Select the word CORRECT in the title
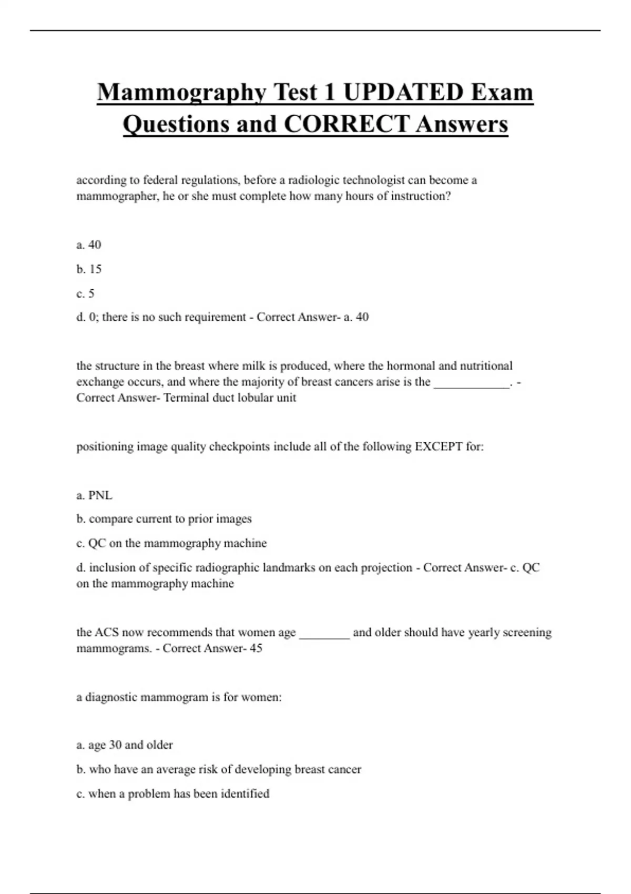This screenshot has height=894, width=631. (x=347, y=125)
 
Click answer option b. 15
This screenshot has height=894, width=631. (x=89, y=269)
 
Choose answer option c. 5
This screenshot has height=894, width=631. (x=85, y=293)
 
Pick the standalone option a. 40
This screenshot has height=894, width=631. (x=89, y=245)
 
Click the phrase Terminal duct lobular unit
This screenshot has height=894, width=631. (x=230, y=398)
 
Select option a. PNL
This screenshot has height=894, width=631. (x=94, y=495)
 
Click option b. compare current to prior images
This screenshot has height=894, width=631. (x=164, y=519)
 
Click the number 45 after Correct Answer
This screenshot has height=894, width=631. (x=256, y=648)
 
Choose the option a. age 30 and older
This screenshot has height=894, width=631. (x=125, y=745)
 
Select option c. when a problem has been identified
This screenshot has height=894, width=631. (x=173, y=794)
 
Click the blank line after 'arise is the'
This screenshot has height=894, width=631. (x=472, y=385)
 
